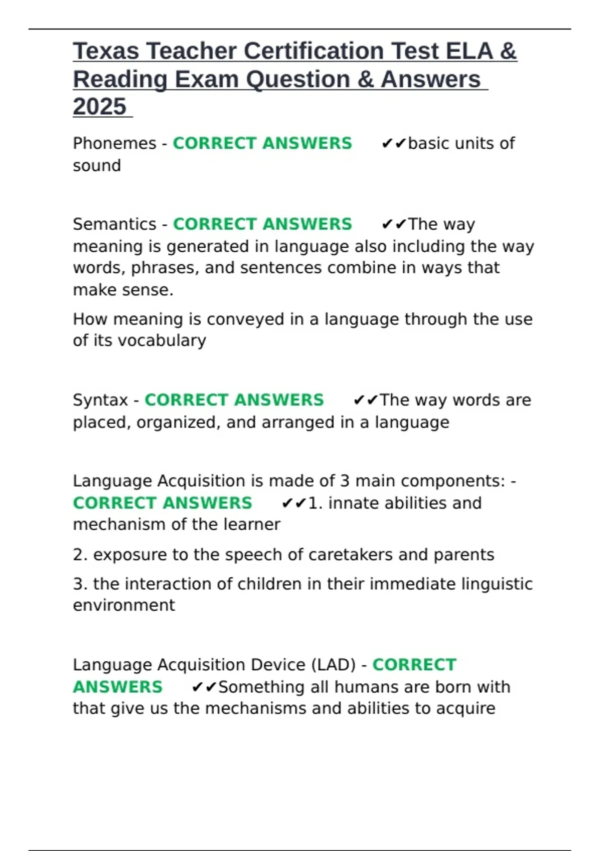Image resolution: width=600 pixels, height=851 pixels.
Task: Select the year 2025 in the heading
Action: point(99,107)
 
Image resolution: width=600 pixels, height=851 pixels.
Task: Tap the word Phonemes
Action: point(114,143)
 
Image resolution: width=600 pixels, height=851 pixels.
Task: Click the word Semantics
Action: point(114,224)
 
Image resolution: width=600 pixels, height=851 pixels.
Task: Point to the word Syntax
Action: point(100,400)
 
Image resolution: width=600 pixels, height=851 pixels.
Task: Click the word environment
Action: point(124,605)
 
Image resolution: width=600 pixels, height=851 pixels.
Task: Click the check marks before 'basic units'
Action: point(393,144)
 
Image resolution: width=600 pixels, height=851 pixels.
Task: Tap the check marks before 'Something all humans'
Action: point(204,687)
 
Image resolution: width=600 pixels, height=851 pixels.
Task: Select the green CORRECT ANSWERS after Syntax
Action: point(234,400)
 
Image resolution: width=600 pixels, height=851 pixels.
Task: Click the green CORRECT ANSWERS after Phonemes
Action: point(262,143)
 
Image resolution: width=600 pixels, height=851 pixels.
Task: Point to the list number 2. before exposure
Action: point(80,555)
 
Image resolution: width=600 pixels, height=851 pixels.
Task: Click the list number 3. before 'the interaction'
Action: point(80,584)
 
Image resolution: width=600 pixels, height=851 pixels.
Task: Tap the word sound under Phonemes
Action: point(97,166)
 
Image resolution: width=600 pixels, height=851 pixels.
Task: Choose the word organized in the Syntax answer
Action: point(177,422)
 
